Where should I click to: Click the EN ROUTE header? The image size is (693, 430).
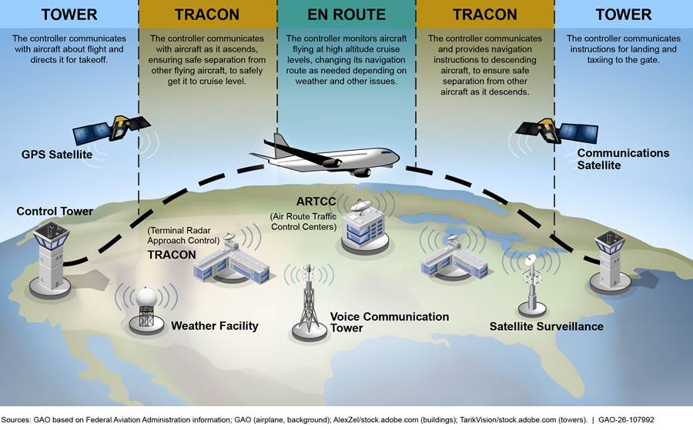click(x=346, y=15)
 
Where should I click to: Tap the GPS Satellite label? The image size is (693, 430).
click(x=57, y=155)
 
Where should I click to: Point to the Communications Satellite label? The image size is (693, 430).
click(x=623, y=159)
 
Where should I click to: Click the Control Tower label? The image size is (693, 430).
click(x=55, y=212)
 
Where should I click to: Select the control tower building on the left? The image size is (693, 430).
click(x=50, y=258)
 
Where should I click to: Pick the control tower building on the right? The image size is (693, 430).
click(x=611, y=261)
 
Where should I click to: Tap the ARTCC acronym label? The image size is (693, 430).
click(x=316, y=202)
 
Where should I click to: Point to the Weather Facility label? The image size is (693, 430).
click(x=215, y=326)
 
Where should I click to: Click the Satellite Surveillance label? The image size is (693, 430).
click(x=546, y=327)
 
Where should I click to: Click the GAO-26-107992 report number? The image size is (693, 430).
click(x=626, y=420)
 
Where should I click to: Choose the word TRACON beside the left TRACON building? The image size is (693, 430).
click(x=172, y=255)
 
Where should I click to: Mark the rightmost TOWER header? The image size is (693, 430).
click(x=623, y=15)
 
